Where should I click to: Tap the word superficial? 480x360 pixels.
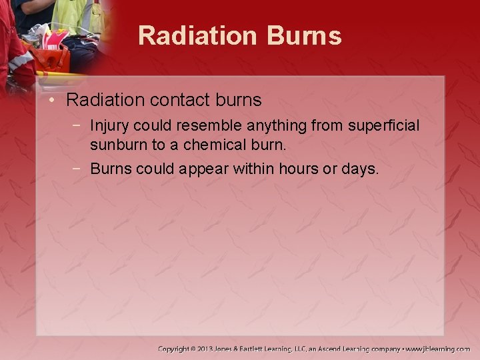coord(384,125)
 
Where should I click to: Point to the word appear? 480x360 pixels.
coord(203,169)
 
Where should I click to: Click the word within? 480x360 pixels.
coord(253,169)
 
